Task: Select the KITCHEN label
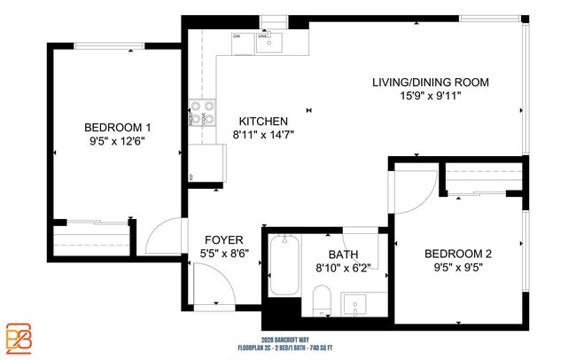[x=263, y=121]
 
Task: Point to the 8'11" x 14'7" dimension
[x=263, y=135]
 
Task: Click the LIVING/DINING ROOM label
[x=430, y=82]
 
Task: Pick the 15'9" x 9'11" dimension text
[x=430, y=96]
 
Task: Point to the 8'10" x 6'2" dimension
[x=342, y=267]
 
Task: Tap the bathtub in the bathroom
[x=284, y=265]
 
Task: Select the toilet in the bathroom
[x=321, y=299]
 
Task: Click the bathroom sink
[x=356, y=304]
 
